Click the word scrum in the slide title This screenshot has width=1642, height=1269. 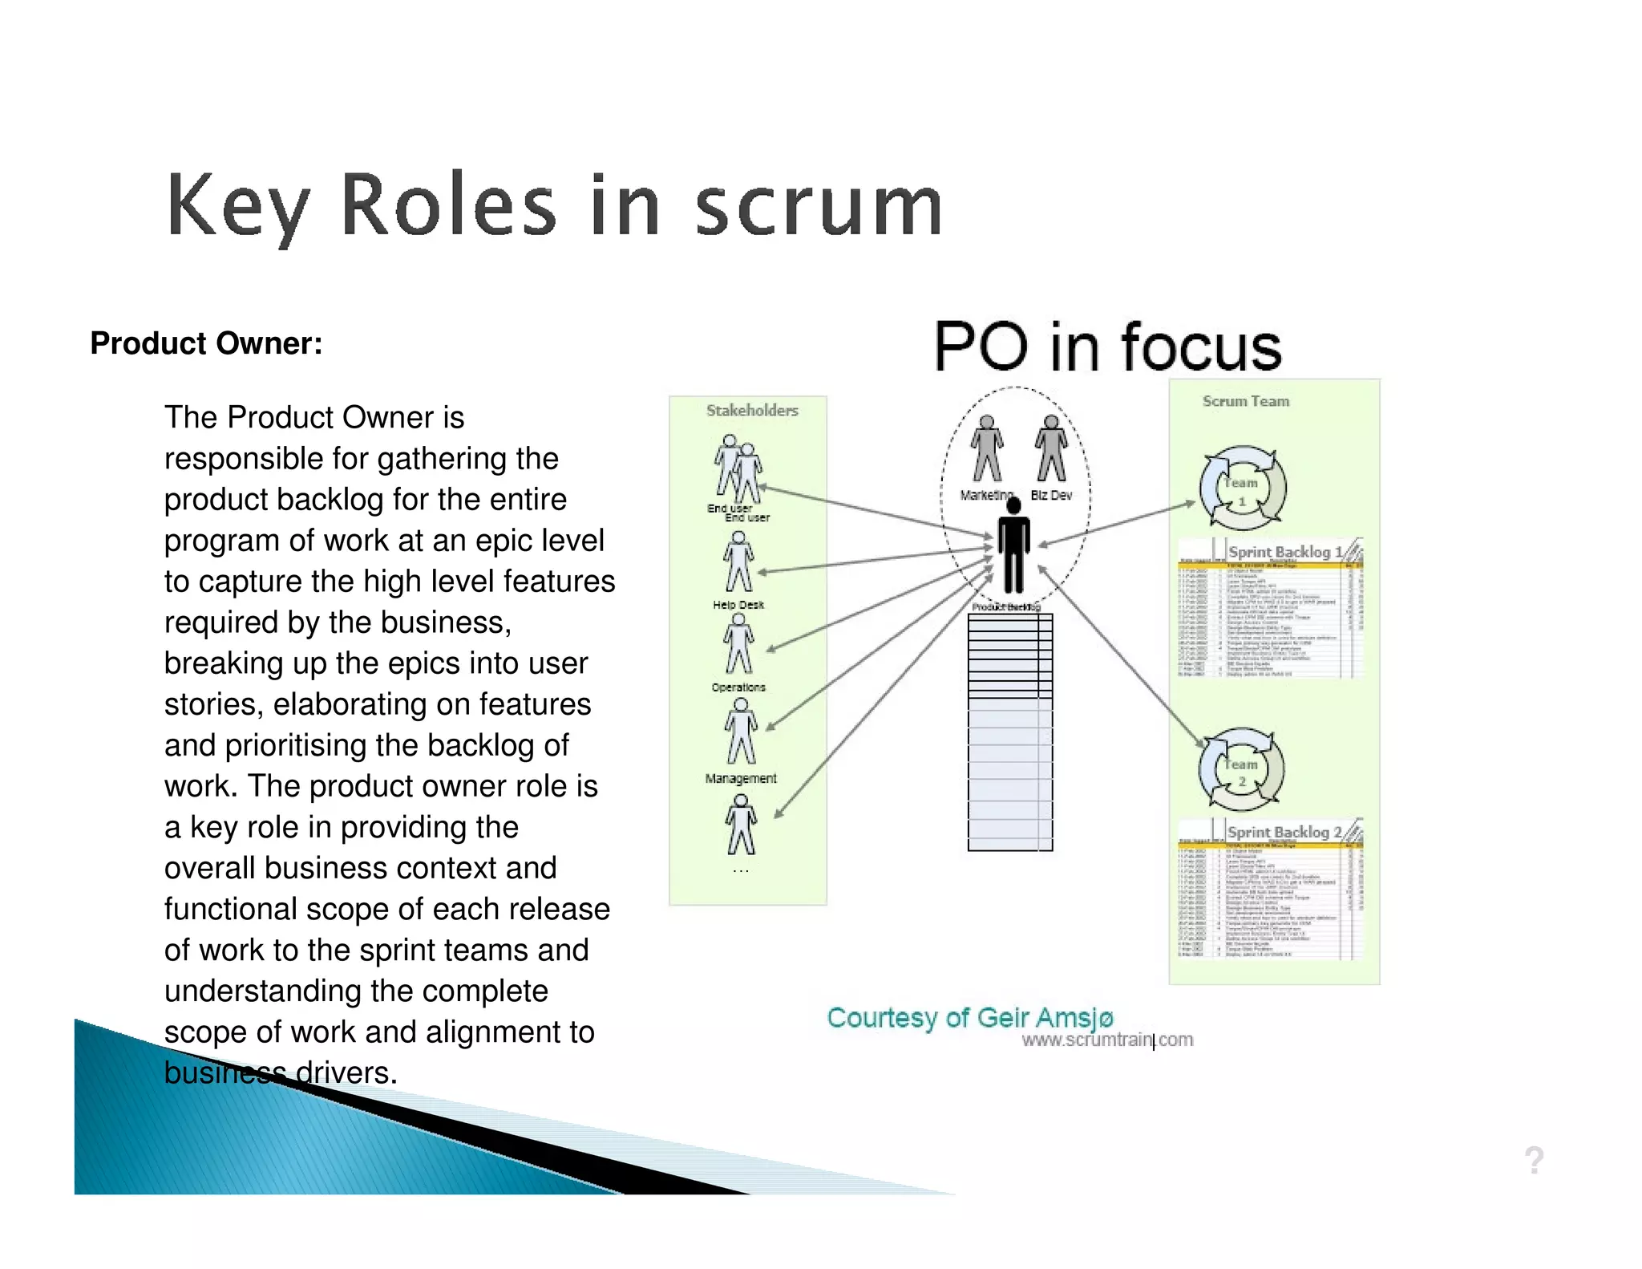(818, 207)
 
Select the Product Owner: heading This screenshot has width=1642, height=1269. (206, 343)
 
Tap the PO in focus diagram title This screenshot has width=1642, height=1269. (1107, 347)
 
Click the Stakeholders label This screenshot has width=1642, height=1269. (751, 411)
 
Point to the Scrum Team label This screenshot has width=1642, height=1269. (1245, 401)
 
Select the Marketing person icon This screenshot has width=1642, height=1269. (987, 449)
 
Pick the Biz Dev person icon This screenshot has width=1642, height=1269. (1050, 449)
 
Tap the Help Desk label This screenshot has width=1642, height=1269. (738, 605)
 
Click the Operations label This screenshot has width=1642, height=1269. (738, 687)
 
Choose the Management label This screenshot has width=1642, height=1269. (740, 778)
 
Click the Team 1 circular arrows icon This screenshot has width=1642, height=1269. (1242, 488)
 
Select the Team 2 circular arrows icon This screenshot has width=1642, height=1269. (1241, 768)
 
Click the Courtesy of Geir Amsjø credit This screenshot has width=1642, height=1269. (969, 1017)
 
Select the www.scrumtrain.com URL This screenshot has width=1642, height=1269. (1107, 1040)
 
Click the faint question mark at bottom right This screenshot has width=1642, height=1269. (1534, 1160)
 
